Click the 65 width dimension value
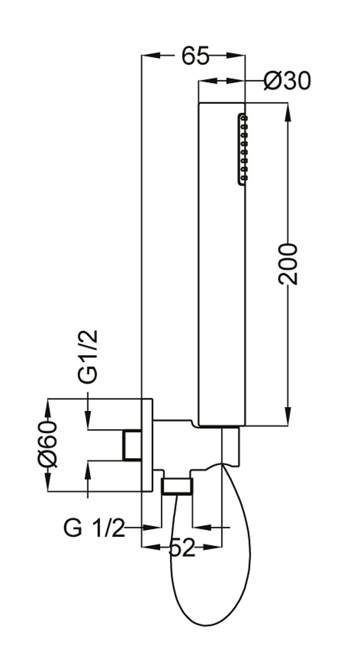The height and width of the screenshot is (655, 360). click(195, 56)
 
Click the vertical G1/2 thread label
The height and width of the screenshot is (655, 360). click(87, 356)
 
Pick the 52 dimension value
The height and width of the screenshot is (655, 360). click(182, 548)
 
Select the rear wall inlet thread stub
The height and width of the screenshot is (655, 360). click(132, 445)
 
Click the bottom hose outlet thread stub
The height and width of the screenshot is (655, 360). click(177, 486)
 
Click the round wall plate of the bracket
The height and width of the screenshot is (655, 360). click(147, 445)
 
